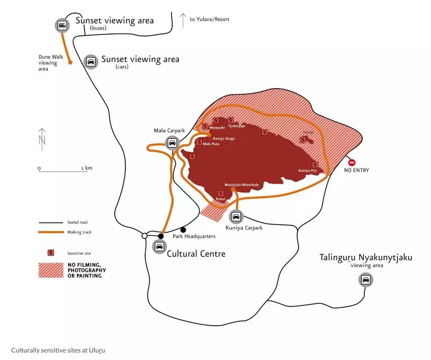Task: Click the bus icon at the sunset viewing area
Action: coord(62,26)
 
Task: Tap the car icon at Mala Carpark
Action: coord(172,142)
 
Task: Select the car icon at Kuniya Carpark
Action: coord(236,217)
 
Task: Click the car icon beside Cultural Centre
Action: coord(160,246)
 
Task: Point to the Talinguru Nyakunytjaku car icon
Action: coord(366,280)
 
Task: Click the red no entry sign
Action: coord(352,162)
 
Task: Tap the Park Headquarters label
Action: coord(194,236)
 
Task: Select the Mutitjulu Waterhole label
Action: coord(241,185)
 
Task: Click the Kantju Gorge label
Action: coord(223,138)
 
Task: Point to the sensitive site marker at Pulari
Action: coord(221,194)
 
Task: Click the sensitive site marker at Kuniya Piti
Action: coord(315,164)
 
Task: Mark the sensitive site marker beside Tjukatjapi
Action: coord(230,120)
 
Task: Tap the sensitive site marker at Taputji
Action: coord(303,140)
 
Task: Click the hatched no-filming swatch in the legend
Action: coord(51,270)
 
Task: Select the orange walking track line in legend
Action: coord(51,232)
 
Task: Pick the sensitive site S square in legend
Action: coord(51,253)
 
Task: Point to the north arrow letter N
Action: coord(42,140)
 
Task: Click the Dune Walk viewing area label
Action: coord(51,63)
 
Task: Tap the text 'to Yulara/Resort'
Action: coord(210,19)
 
